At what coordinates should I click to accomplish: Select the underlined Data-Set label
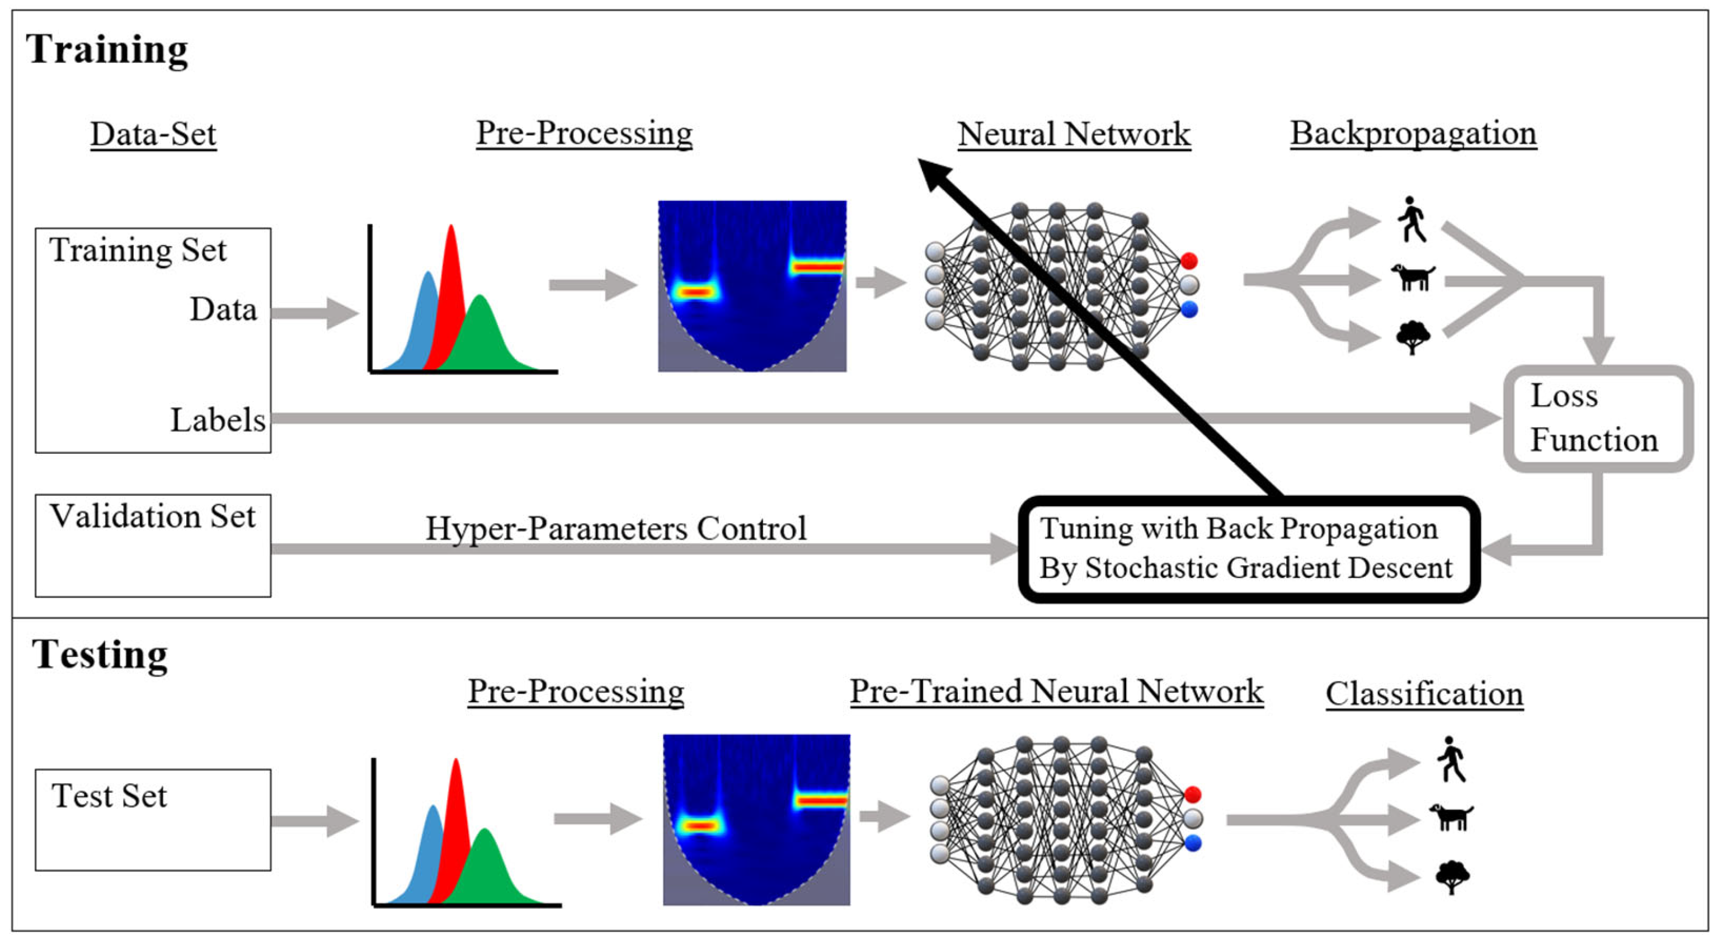[153, 134]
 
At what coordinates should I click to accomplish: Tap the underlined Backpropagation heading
[1413, 133]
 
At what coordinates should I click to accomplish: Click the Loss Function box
[1597, 419]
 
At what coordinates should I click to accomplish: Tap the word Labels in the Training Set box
[218, 420]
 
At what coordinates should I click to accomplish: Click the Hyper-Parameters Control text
[615, 529]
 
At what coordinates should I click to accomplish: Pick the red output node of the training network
[1188, 260]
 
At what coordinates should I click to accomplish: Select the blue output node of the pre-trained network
[1193, 843]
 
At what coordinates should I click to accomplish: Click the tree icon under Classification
[1452, 876]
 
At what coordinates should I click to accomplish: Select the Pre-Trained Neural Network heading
[1056, 692]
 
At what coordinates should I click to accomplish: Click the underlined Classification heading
[1424, 694]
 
